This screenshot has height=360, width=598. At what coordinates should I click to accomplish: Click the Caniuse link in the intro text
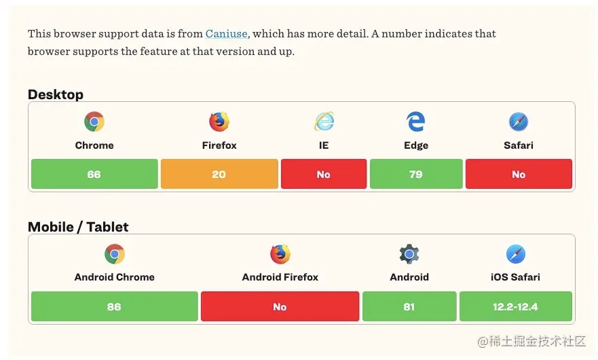coord(226,34)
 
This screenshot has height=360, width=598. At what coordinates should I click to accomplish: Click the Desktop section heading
coord(56,94)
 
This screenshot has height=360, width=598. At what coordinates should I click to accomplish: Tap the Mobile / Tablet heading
coord(78,227)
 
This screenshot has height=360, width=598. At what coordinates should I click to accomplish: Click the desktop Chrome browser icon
coord(94,122)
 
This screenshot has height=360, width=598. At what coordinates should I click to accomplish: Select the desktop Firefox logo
coord(219,122)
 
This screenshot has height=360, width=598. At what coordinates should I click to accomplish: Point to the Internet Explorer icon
coord(324,122)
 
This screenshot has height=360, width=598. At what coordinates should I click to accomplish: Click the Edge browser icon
coord(416,122)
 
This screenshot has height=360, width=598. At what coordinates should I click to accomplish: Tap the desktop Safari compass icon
coord(519,122)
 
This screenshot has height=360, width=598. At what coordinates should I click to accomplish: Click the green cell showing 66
coord(94,175)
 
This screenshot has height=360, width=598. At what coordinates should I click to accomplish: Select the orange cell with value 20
coord(219,175)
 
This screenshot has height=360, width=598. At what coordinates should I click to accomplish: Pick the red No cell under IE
coord(324,175)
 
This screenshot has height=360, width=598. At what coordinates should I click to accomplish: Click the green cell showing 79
coord(416,175)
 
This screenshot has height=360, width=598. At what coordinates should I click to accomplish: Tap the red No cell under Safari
coord(519,175)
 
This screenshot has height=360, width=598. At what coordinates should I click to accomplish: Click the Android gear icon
coord(409,255)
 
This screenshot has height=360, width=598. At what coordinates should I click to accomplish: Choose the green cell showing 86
coord(114,307)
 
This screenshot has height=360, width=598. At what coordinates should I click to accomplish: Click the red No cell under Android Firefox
coord(280,307)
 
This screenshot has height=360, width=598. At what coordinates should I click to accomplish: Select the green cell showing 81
coord(409,307)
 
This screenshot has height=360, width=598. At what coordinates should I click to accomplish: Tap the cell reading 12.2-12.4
coord(516,307)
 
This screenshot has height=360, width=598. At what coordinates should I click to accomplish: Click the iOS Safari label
coord(516,277)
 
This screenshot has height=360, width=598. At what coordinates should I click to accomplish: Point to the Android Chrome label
coord(114,277)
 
